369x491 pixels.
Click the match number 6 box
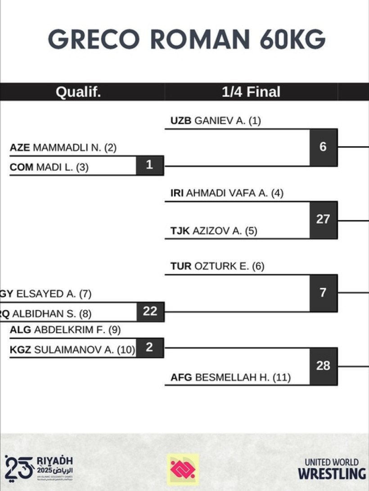pos(323,147)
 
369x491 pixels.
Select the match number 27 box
pos(323,220)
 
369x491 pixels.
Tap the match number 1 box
pos(149,165)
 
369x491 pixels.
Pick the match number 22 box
pos(150,311)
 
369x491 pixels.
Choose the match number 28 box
pos(323,366)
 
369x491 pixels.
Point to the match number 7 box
pos(323,293)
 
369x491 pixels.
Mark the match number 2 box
pos(149,347)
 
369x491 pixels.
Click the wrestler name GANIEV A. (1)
pos(216,121)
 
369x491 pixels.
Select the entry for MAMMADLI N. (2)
pos(63,148)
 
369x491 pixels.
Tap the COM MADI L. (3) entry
pos(49,167)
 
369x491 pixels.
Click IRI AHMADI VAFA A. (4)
pos(227,194)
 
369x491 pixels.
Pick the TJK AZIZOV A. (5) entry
pos(214,231)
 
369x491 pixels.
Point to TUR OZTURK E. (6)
pos(217,266)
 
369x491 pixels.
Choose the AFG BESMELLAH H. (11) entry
pos(230,378)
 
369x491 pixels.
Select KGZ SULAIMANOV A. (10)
pos(72,350)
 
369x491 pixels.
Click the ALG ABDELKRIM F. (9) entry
pos(65,330)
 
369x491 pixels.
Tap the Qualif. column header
pos(78,92)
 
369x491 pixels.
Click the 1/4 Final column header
pos(251,92)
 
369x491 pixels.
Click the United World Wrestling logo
pos(332,469)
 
